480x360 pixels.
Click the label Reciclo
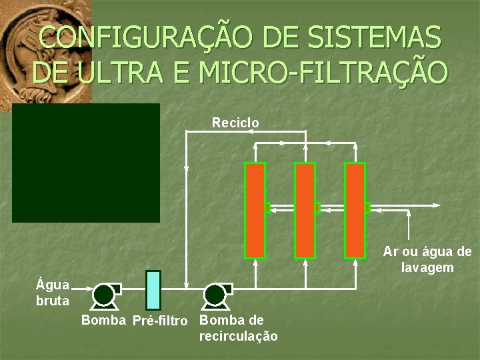(x=235, y=123)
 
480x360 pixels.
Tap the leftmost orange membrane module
(x=255, y=210)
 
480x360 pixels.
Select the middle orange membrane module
(x=305, y=210)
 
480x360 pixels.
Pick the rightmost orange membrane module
(x=355, y=210)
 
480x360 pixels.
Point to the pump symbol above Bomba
(x=104, y=294)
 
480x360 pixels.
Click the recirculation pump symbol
(x=215, y=294)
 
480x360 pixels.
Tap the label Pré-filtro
(x=160, y=321)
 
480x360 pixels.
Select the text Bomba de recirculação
(x=238, y=328)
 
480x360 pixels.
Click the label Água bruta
(x=53, y=293)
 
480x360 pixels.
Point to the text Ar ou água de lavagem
(x=427, y=260)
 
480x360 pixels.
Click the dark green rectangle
(x=86, y=163)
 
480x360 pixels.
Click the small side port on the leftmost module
(x=267, y=208)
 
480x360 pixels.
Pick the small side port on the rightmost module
(x=367, y=208)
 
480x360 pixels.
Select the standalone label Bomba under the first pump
(x=103, y=321)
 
